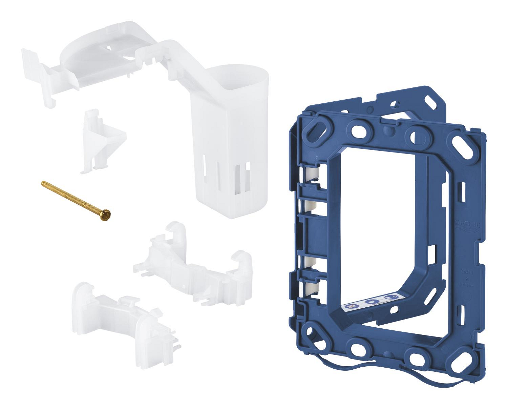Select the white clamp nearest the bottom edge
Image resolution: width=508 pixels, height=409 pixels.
point(125,315)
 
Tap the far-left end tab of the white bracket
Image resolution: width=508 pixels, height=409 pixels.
point(33,64)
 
